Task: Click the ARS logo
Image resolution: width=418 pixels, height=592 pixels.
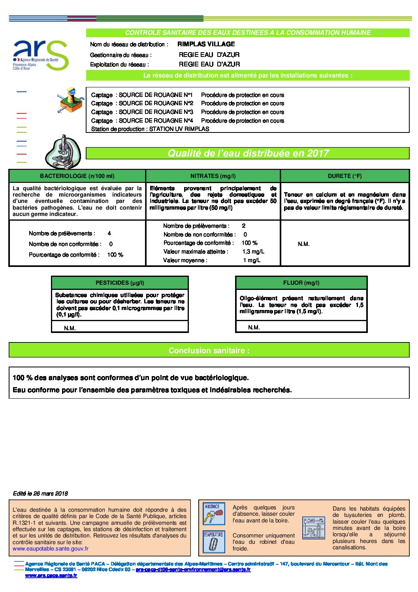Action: [40, 55]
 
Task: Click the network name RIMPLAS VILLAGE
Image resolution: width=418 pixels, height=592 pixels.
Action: [206, 44]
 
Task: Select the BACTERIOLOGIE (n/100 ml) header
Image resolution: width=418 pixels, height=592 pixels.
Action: [77, 176]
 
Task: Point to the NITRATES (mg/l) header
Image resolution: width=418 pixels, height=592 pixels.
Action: [213, 176]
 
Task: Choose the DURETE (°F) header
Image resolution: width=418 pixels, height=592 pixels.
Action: [345, 176]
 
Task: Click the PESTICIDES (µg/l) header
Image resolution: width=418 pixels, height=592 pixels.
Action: [120, 283]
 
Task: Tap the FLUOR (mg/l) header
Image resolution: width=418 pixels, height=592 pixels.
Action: [301, 283]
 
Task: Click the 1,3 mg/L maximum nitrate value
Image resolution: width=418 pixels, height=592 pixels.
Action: [253, 252]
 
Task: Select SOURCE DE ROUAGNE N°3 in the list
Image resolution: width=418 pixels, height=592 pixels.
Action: [156, 112]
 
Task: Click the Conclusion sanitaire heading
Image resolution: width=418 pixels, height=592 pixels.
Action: [209, 350]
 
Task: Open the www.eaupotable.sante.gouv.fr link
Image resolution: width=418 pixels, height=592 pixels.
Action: [51, 548]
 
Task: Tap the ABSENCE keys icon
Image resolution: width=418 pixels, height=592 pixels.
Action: [214, 513]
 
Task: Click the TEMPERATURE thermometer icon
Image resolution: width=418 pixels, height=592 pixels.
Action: [213, 541]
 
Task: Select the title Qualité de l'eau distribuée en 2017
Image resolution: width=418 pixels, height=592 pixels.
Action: [248, 153]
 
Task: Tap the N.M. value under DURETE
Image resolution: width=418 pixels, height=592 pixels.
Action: [303, 244]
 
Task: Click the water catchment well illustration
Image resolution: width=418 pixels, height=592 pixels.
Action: [71, 100]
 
